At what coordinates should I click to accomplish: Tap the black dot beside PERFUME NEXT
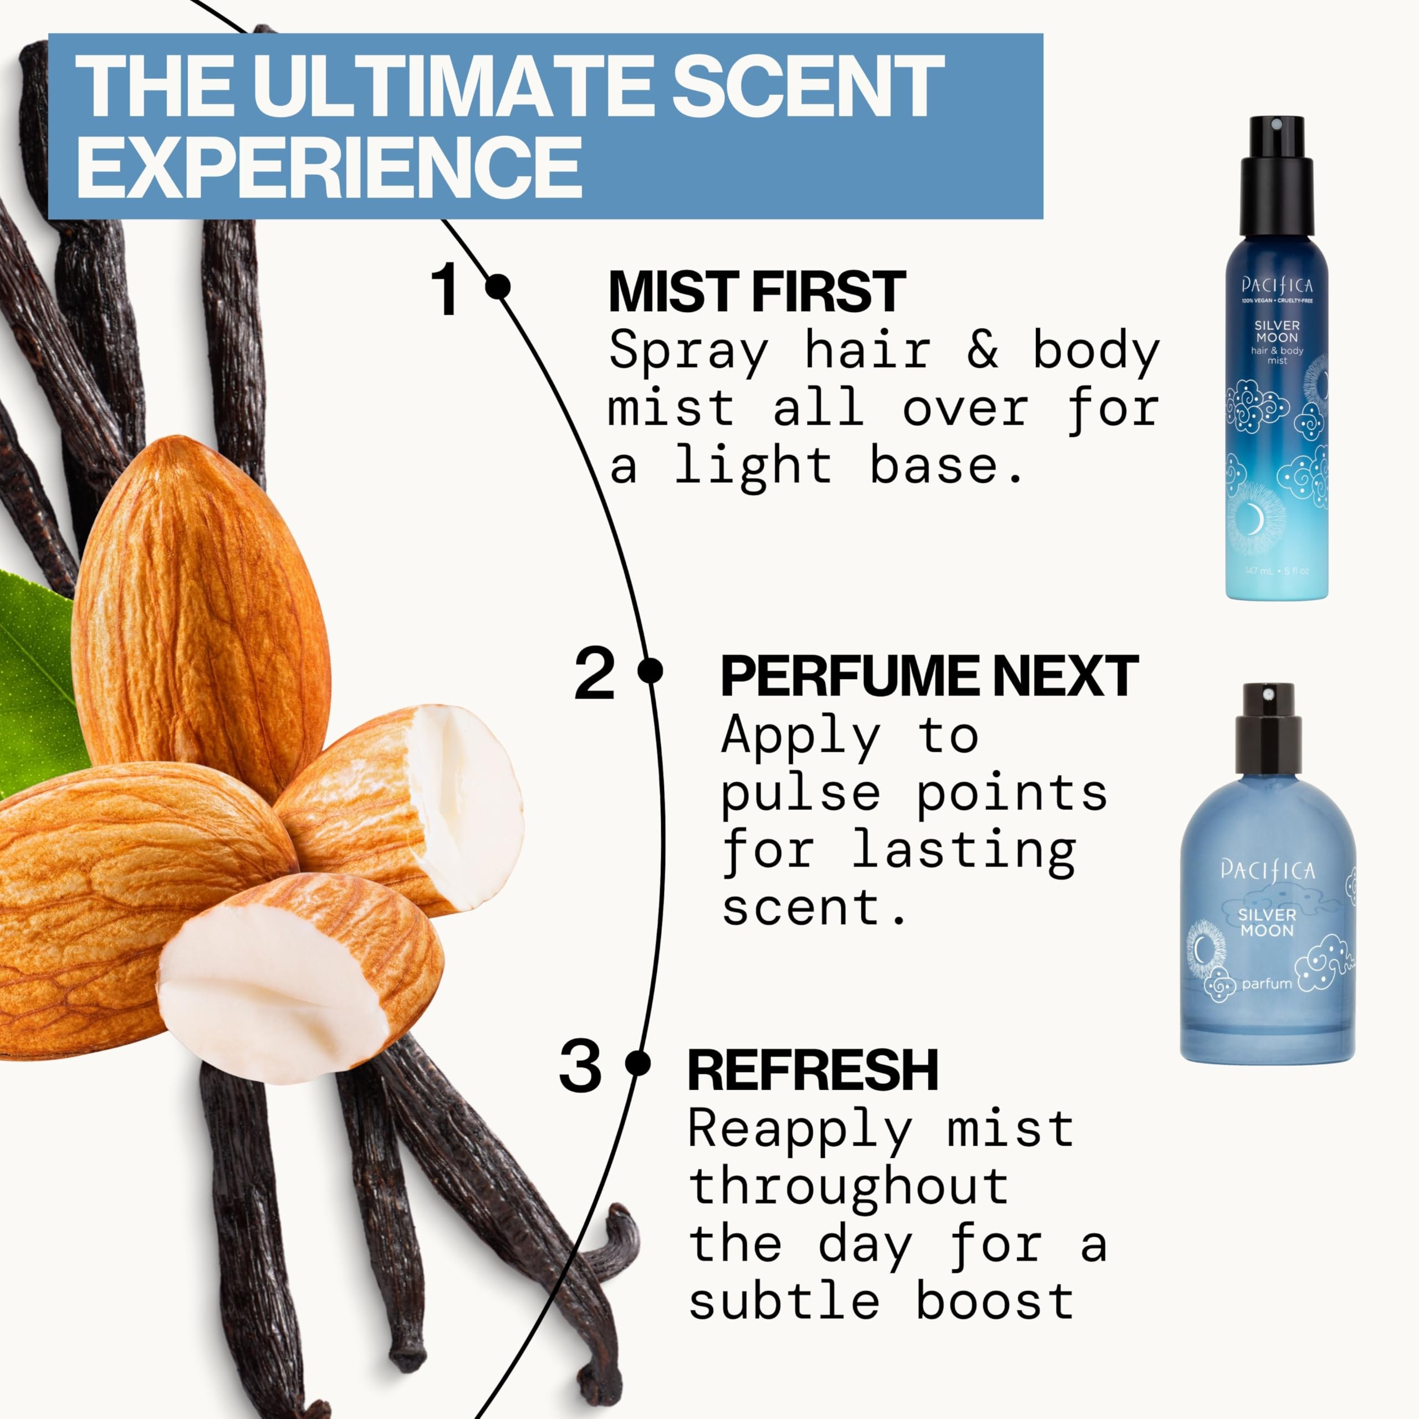pyautogui.click(x=650, y=671)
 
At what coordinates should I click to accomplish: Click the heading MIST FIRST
pyautogui.click(x=757, y=292)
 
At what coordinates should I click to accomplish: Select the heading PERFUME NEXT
pyautogui.click(x=929, y=676)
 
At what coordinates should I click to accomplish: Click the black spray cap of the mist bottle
pyautogui.click(x=1277, y=176)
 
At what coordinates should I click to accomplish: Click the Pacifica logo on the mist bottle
pyautogui.click(x=1277, y=285)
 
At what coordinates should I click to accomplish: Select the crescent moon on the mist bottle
pyautogui.click(x=1254, y=520)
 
